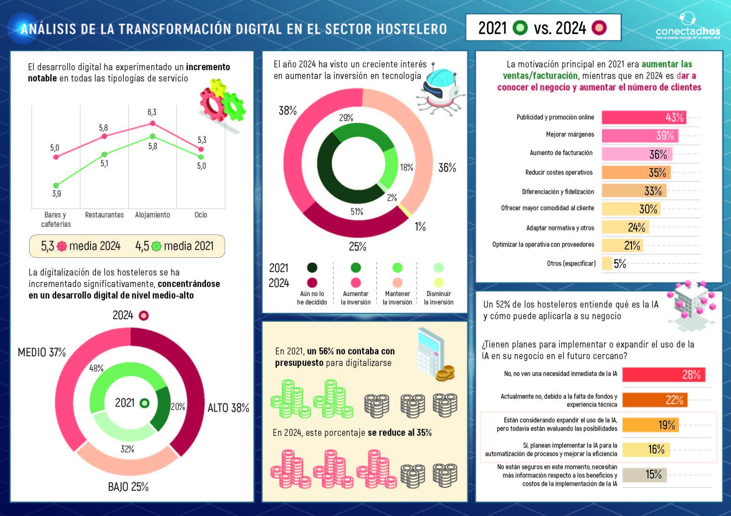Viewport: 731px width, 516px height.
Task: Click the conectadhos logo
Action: pyautogui.click(x=687, y=27)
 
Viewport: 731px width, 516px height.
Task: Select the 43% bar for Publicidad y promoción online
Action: pyautogui.click(x=643, y=117)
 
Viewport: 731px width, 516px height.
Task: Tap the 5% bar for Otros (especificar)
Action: pyautogui.click(x=607, y=263)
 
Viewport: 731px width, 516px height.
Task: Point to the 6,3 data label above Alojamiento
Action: pyautogui.click(x=152, y=112)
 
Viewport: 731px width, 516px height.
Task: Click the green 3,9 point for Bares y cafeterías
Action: pyautogui.click(x=56, y=186)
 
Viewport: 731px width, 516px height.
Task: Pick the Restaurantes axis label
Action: pyautogui.click(x=104, y=215)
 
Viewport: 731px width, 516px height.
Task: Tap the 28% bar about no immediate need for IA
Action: pyautogui.click(x=663, y=375)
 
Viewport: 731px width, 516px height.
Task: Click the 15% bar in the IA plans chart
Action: pyautogui.click(x=644, y=474)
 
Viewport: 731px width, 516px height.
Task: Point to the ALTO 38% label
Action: pyautogui.click(x=228, y=408)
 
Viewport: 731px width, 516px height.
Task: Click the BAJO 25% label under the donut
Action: pyautogui.click(x=128, y=487)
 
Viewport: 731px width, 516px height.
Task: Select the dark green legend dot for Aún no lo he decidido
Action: pyautogui.click(x=312, y=267)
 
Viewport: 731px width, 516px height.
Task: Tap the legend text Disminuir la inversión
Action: pyautogui.click(x=439, y=298)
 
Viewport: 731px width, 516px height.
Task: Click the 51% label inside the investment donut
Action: pyautogui.click(x=357, y=212)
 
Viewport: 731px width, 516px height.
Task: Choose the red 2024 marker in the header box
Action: pyautogui.click(x=599, y=28)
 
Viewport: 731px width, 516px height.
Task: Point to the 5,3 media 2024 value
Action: pyautogui.click(x=48, y=246)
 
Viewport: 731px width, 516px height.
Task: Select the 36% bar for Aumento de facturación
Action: pyautogui.click(x=636, y=154)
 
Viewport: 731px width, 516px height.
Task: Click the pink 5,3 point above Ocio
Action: pyautogui.click(x=201, y=149)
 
